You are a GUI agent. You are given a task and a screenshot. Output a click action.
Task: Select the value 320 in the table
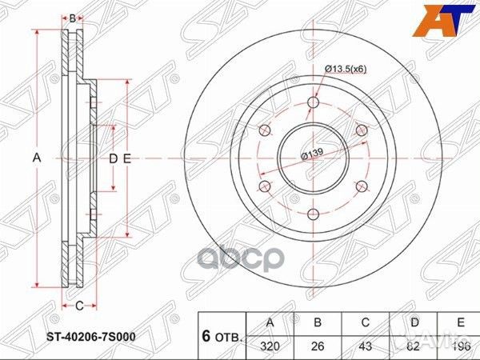coord(271,348)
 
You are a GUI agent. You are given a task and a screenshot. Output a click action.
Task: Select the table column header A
coord(271,323)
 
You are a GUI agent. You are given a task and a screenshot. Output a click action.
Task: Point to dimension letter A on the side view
coord(36,158)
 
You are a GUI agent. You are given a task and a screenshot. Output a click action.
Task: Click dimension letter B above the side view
coord(72,18)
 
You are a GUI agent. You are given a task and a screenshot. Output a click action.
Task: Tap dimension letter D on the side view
coord(113,159)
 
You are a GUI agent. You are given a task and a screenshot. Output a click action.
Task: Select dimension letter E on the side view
coord(126,159)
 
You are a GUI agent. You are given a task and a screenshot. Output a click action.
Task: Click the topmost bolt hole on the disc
coord(313,102)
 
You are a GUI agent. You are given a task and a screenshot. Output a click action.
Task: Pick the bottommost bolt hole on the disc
coord(313,213)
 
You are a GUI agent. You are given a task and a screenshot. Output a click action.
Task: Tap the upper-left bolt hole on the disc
coord(265,130)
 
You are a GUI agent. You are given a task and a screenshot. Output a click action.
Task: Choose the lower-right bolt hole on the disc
coord(361,186)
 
